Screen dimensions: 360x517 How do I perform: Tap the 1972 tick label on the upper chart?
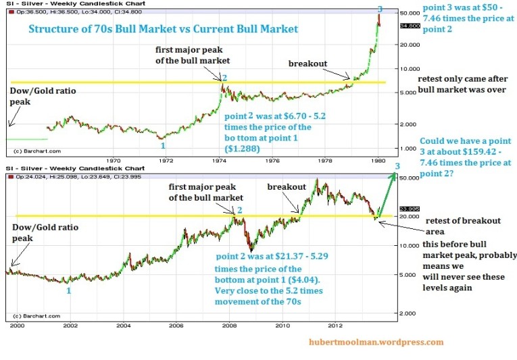tap(166, 161)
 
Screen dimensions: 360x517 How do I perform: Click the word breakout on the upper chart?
tap(307, 63)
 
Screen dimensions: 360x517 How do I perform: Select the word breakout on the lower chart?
tap(287, 185)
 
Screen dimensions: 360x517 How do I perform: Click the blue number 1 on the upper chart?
tap(161, 145)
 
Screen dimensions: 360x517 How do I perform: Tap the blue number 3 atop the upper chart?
tap(380, 8)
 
